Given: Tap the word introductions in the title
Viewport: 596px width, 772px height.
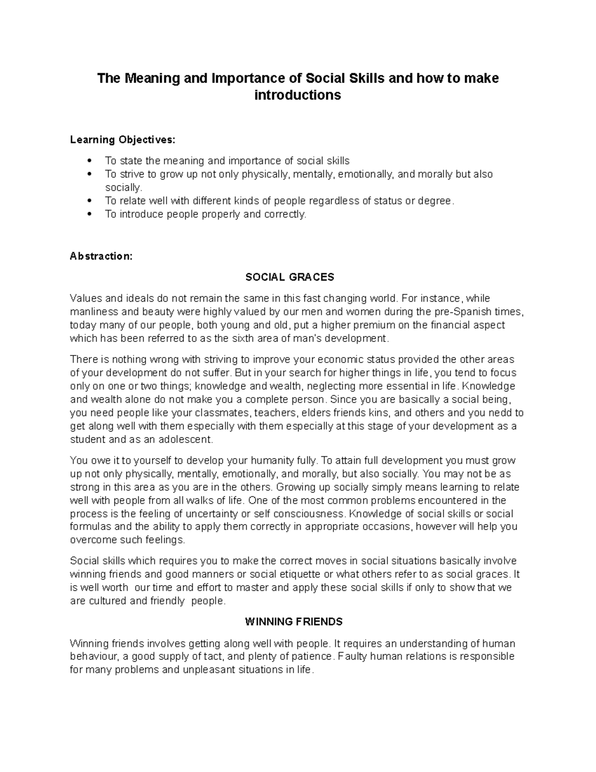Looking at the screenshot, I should (x=298, y=95).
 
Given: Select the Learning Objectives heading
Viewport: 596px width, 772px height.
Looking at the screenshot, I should (x=123, y=140).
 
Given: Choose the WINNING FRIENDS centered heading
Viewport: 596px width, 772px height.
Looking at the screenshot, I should (x=294, y=622).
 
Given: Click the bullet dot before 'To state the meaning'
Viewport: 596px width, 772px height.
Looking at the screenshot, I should (x=89, y=161).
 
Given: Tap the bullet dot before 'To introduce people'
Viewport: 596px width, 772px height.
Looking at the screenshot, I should (x=89, y=214).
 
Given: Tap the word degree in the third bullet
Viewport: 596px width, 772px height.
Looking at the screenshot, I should (x=436, y=201).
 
